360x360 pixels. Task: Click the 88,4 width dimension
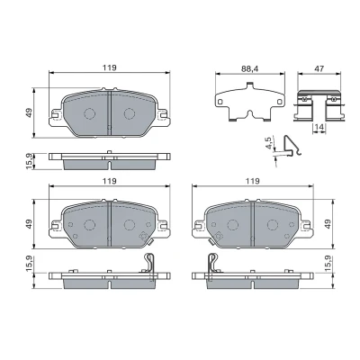click(250, 68)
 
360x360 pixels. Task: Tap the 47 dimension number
click(319, 68)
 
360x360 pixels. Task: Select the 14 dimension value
click(319, 127)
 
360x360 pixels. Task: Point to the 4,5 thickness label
click(269, 143)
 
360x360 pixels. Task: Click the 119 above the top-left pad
click(109, 67)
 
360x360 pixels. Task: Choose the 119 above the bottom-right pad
click(252, 181)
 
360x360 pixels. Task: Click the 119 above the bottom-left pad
click(109, 181)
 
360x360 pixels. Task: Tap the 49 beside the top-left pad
click(29, 113)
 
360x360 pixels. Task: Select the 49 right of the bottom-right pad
click(328, 224)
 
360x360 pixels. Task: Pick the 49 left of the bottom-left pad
click(29, 224)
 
